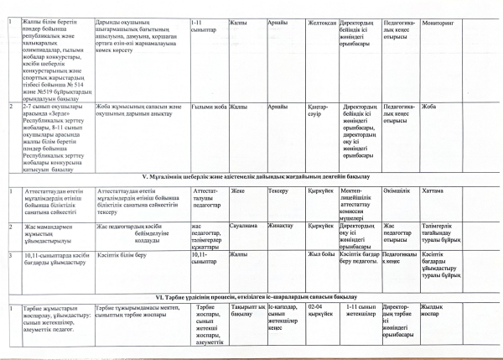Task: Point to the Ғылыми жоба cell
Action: point(209,107)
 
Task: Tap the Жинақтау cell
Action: point(280,226)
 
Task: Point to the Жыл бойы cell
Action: point(323,254)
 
